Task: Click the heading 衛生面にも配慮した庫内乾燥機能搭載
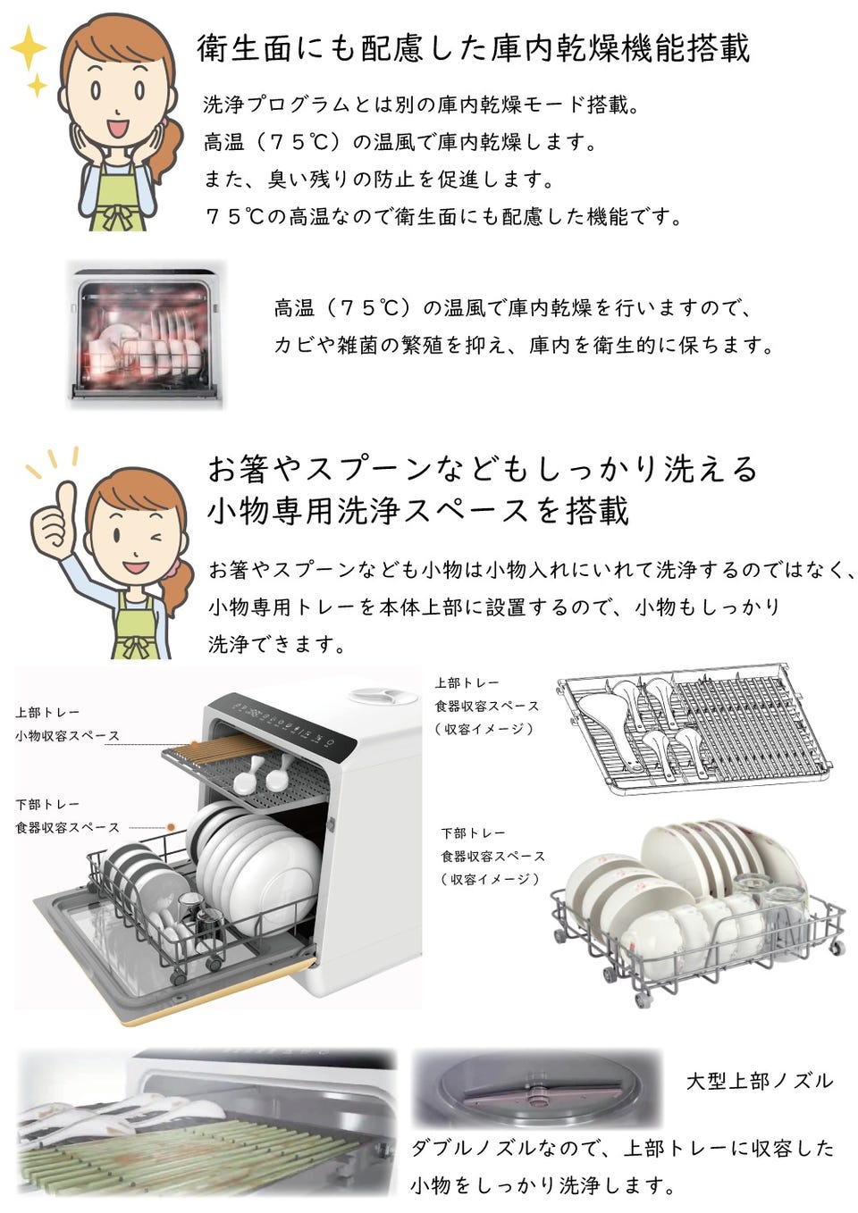point(473,48)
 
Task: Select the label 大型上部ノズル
point(760,1082)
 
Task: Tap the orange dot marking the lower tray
point(172,827)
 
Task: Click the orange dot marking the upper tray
point(194,744)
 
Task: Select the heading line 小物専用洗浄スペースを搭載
point(418,510)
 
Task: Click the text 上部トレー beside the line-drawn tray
point(467,682)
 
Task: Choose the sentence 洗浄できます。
point(277,644)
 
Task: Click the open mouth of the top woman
point(118,129)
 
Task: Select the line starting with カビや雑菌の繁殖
point(523,345)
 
